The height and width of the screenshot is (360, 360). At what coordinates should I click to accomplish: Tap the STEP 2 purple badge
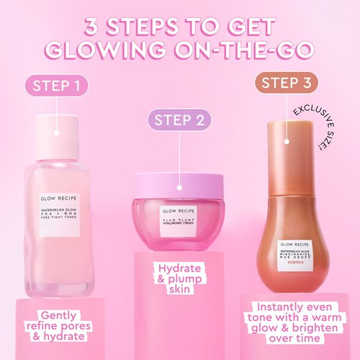point(179,120)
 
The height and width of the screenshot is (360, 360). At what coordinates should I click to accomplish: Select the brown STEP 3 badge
point(288,83)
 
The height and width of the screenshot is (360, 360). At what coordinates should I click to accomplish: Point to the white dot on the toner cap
point(56,134)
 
